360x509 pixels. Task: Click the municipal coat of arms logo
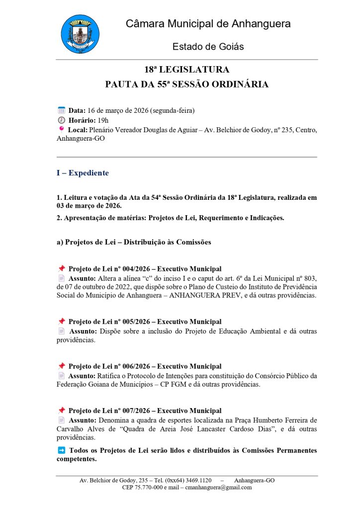pos(80,34)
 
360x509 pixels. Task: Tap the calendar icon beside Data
pos(62,110)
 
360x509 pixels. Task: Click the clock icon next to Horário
pos(62,120)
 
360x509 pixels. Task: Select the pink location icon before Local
pos(62,129)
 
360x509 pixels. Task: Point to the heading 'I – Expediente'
pos(82,173)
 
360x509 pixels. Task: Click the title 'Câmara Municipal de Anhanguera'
pos(208,23)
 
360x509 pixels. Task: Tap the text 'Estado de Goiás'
pos(208,47)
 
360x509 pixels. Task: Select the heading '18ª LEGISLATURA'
pos(186,70)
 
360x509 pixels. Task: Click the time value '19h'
pos(103,120)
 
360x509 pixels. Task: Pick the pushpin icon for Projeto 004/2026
pos(62,268)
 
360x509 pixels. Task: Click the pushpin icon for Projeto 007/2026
pos(62,411)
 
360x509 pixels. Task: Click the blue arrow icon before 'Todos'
pos(62,450)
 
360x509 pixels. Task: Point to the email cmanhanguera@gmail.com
pos(218,488)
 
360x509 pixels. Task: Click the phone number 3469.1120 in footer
pos(197,481)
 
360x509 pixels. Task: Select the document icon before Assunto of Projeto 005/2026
pos(62,331)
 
